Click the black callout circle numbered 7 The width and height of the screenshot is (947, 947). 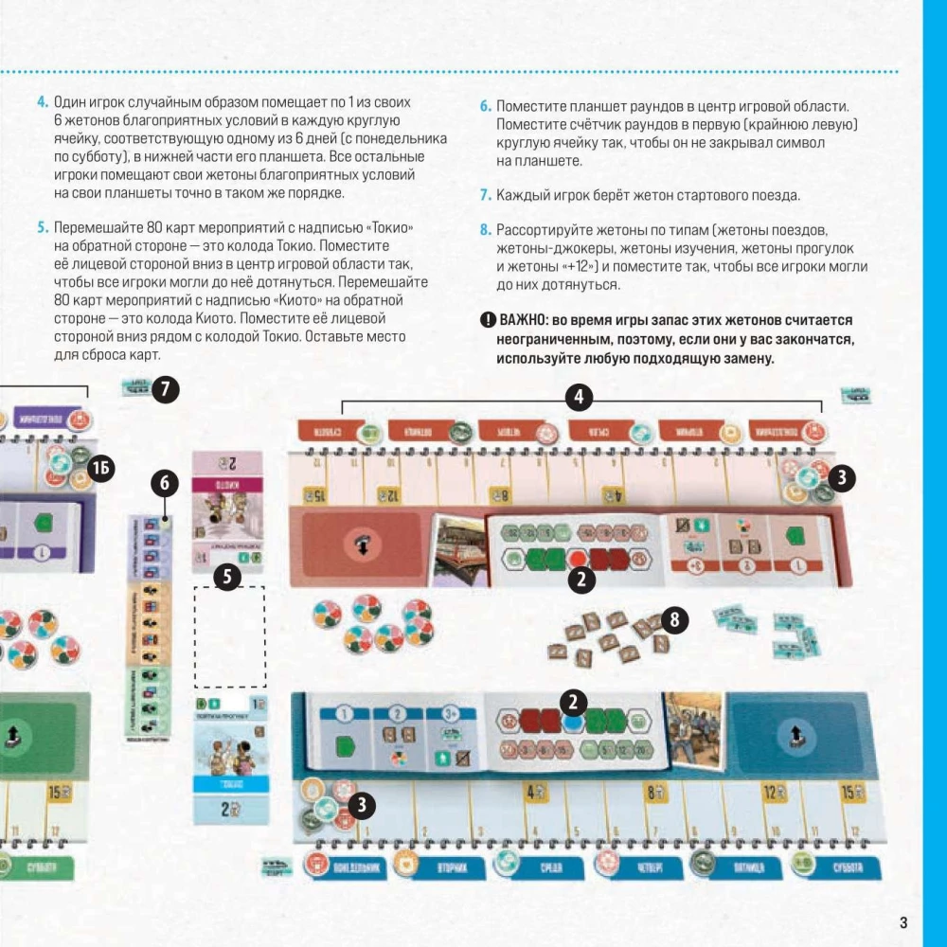pyautogui.click(x=165, y=389)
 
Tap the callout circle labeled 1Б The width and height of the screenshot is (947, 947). pyautogui.click(x=101, y=467)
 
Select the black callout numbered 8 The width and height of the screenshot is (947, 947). pyautogui.click(x=674, y=620)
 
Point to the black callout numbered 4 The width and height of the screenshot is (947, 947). pyautogui.click(x=580, y=397)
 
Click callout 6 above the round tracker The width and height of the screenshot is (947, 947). pyautogui.click(x=164, y=484)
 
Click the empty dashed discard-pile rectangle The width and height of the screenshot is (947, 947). pyautogui.click(x=229, y=636)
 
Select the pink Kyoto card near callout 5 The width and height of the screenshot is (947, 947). pyautogui.click(x=227, y=511)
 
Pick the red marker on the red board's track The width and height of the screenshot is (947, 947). pyautogui.click(x=577, y=558)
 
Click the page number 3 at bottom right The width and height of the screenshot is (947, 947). pyautogui.click(x=902, y=923)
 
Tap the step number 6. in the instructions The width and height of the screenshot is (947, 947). pyautogui.click(x=485, y=106)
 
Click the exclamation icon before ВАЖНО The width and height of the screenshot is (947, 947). pyautogui.click(x=487, y=320)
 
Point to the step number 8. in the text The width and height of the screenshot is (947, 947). pyautogui.click(x=485, y=230)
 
